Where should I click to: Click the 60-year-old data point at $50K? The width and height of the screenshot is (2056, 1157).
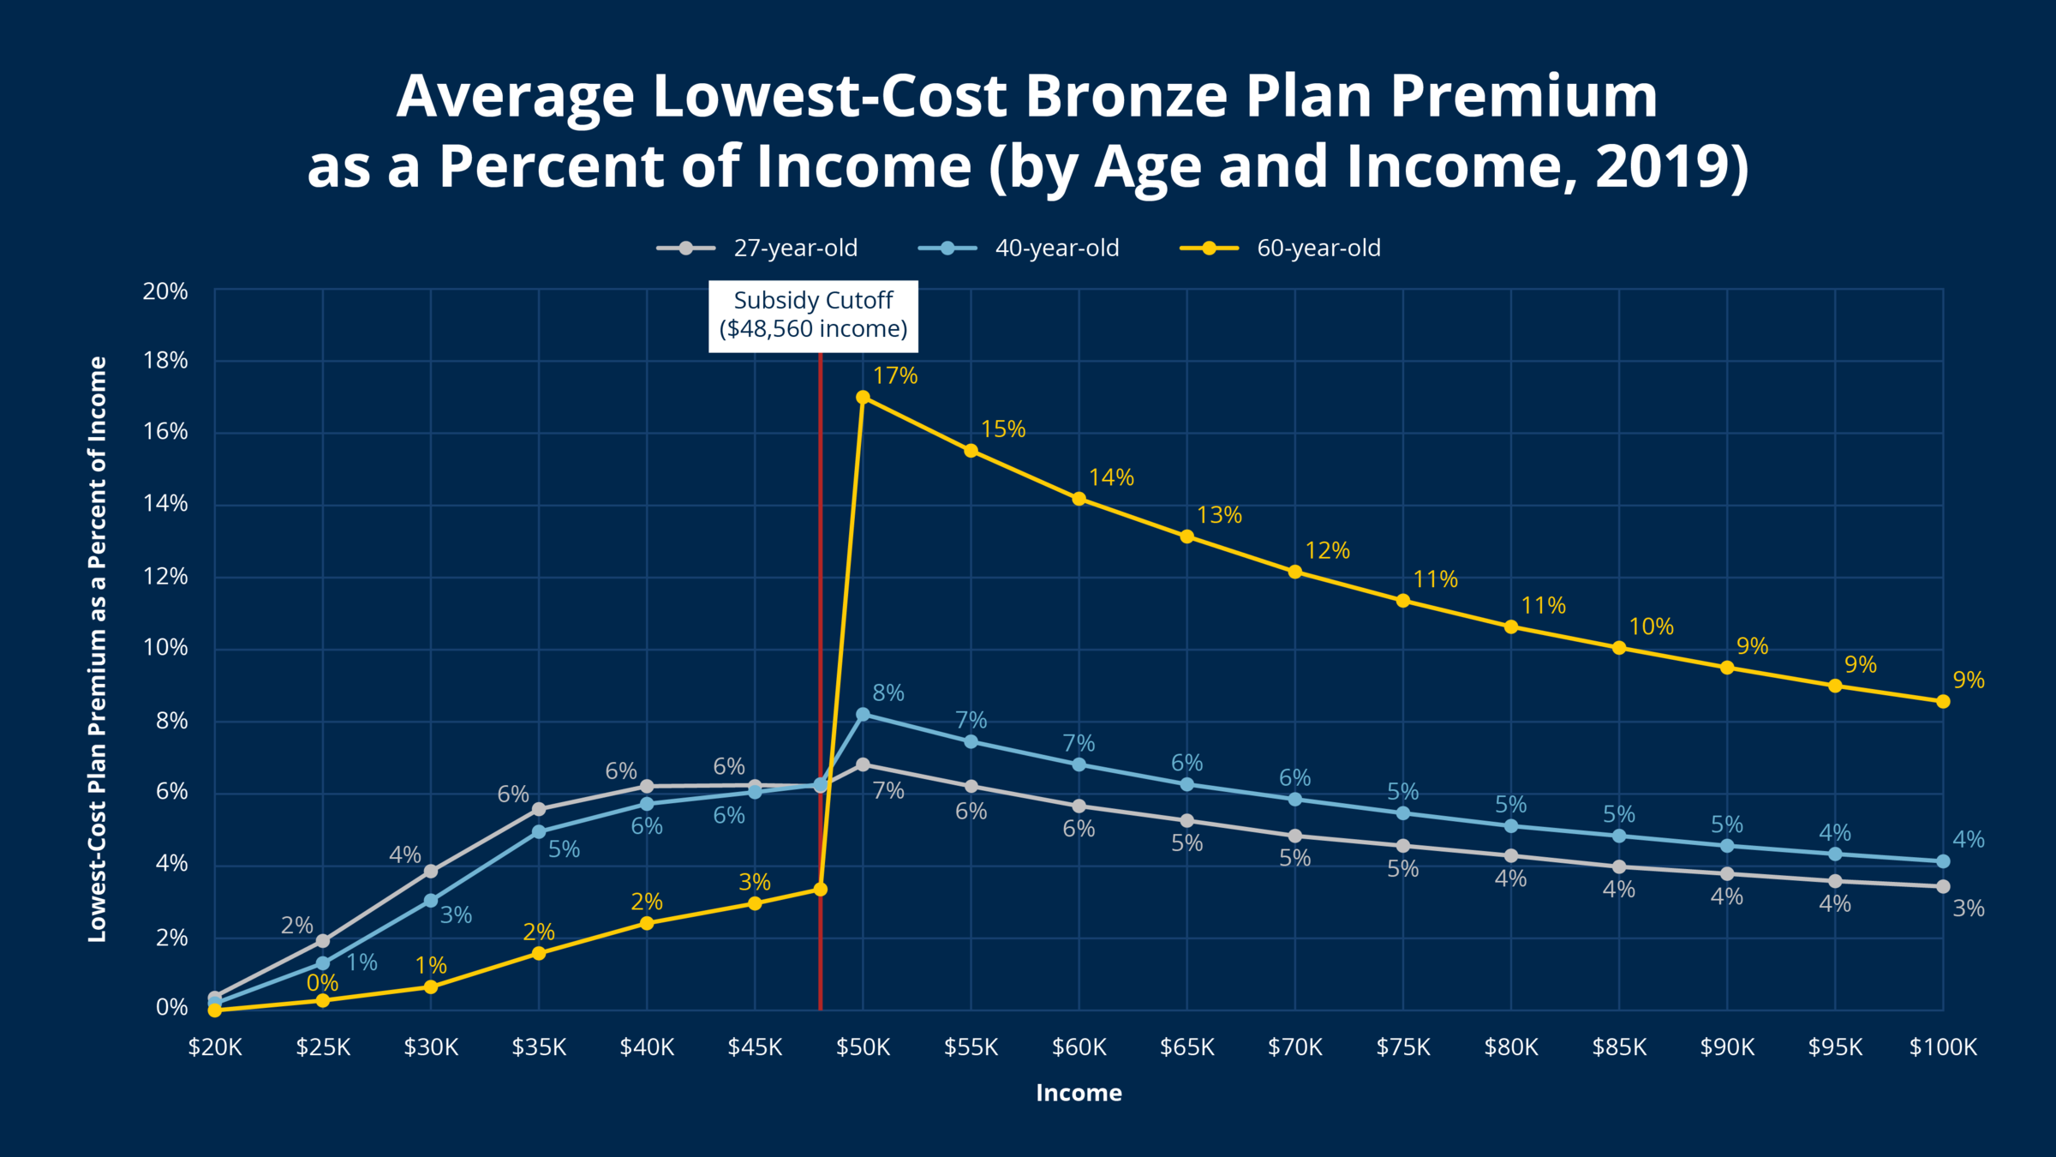point(863,398)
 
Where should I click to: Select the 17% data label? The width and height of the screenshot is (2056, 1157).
point(894,375)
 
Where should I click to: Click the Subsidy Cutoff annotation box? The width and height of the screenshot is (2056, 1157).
point(813,315)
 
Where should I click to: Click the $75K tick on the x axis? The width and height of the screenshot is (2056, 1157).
point(1403,1047)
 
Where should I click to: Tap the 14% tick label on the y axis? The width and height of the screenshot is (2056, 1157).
point(165,503)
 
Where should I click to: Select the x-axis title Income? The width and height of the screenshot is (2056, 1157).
point(1079,1093)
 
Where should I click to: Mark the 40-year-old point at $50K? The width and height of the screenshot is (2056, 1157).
point(863,715)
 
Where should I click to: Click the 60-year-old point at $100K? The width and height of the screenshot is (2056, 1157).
point(1943,702)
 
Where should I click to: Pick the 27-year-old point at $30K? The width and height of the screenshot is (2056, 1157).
point(431,872)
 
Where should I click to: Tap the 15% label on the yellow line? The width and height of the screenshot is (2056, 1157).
point(1002,429)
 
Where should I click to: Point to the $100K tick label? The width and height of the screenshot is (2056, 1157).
point(1943,1047)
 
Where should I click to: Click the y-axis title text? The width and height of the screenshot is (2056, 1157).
point(98,649)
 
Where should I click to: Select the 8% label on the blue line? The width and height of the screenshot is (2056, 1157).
point(888,692)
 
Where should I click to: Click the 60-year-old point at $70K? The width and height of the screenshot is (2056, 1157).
point(1295,573)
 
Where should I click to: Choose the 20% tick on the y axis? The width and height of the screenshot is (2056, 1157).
point(165,291)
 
